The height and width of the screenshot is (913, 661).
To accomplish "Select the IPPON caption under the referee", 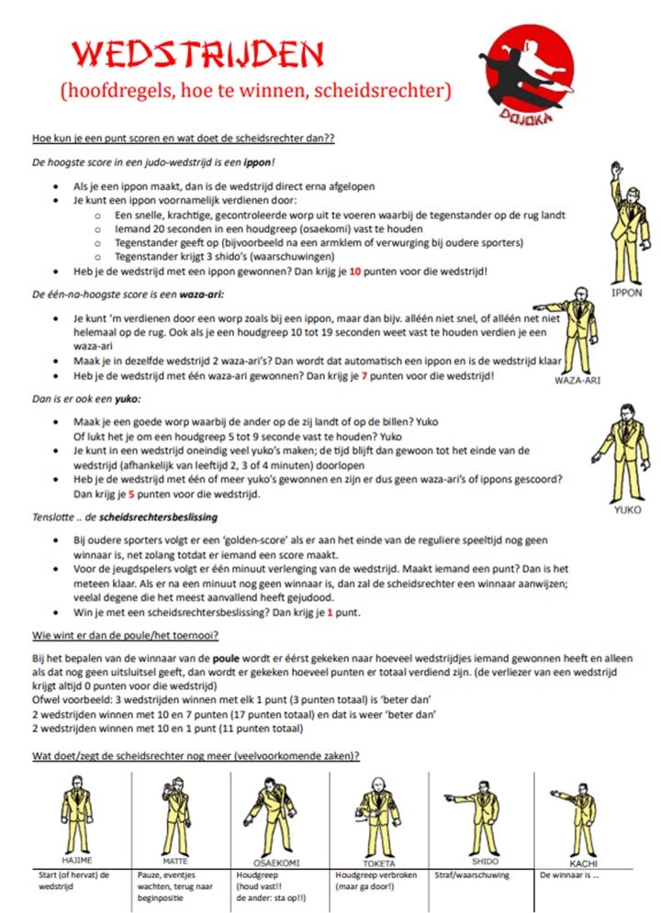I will [x=625, y=293].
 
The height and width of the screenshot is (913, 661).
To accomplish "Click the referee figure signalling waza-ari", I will [x=573, y=335].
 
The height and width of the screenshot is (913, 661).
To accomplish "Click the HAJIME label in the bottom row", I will [x=78, y=862].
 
